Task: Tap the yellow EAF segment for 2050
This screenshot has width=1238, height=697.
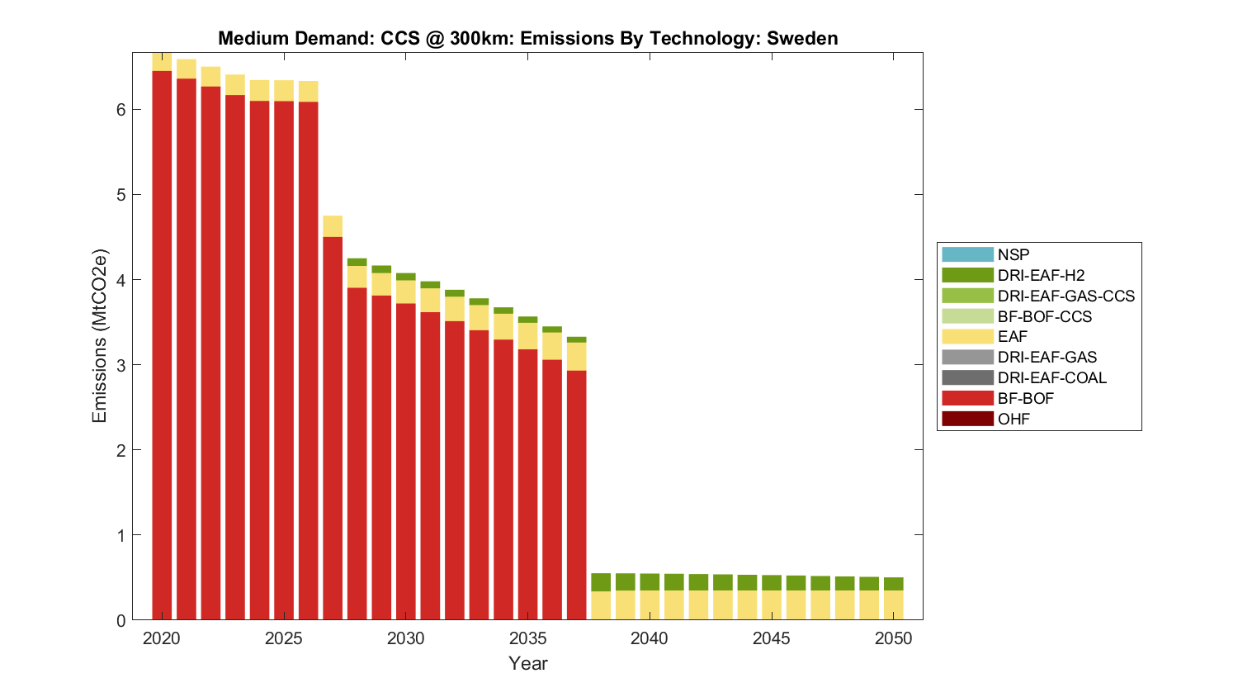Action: tap(893, 605)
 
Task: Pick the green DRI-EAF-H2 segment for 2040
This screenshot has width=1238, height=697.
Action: tap(650, 581)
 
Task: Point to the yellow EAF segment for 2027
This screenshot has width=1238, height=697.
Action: tap(333, 226)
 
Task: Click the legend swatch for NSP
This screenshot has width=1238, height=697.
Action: tap(967, 254)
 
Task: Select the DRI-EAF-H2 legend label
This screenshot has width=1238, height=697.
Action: tap(1040, 275)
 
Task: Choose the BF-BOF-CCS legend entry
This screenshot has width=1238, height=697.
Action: tap(1044, 316)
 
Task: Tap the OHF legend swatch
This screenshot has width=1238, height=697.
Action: tap(967, 419)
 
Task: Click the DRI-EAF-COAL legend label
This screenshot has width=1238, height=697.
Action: tap(1051, 377)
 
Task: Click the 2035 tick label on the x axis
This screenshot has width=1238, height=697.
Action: tap(528, 638)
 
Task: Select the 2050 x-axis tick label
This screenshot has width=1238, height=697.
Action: tap(893, 638)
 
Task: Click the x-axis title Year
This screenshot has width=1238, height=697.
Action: tap(528, 663)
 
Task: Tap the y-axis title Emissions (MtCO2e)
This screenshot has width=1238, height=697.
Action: tap(99, 335)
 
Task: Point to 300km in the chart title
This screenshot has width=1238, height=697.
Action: tap(480, 38)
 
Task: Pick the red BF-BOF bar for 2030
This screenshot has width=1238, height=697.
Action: tap(406, 462)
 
